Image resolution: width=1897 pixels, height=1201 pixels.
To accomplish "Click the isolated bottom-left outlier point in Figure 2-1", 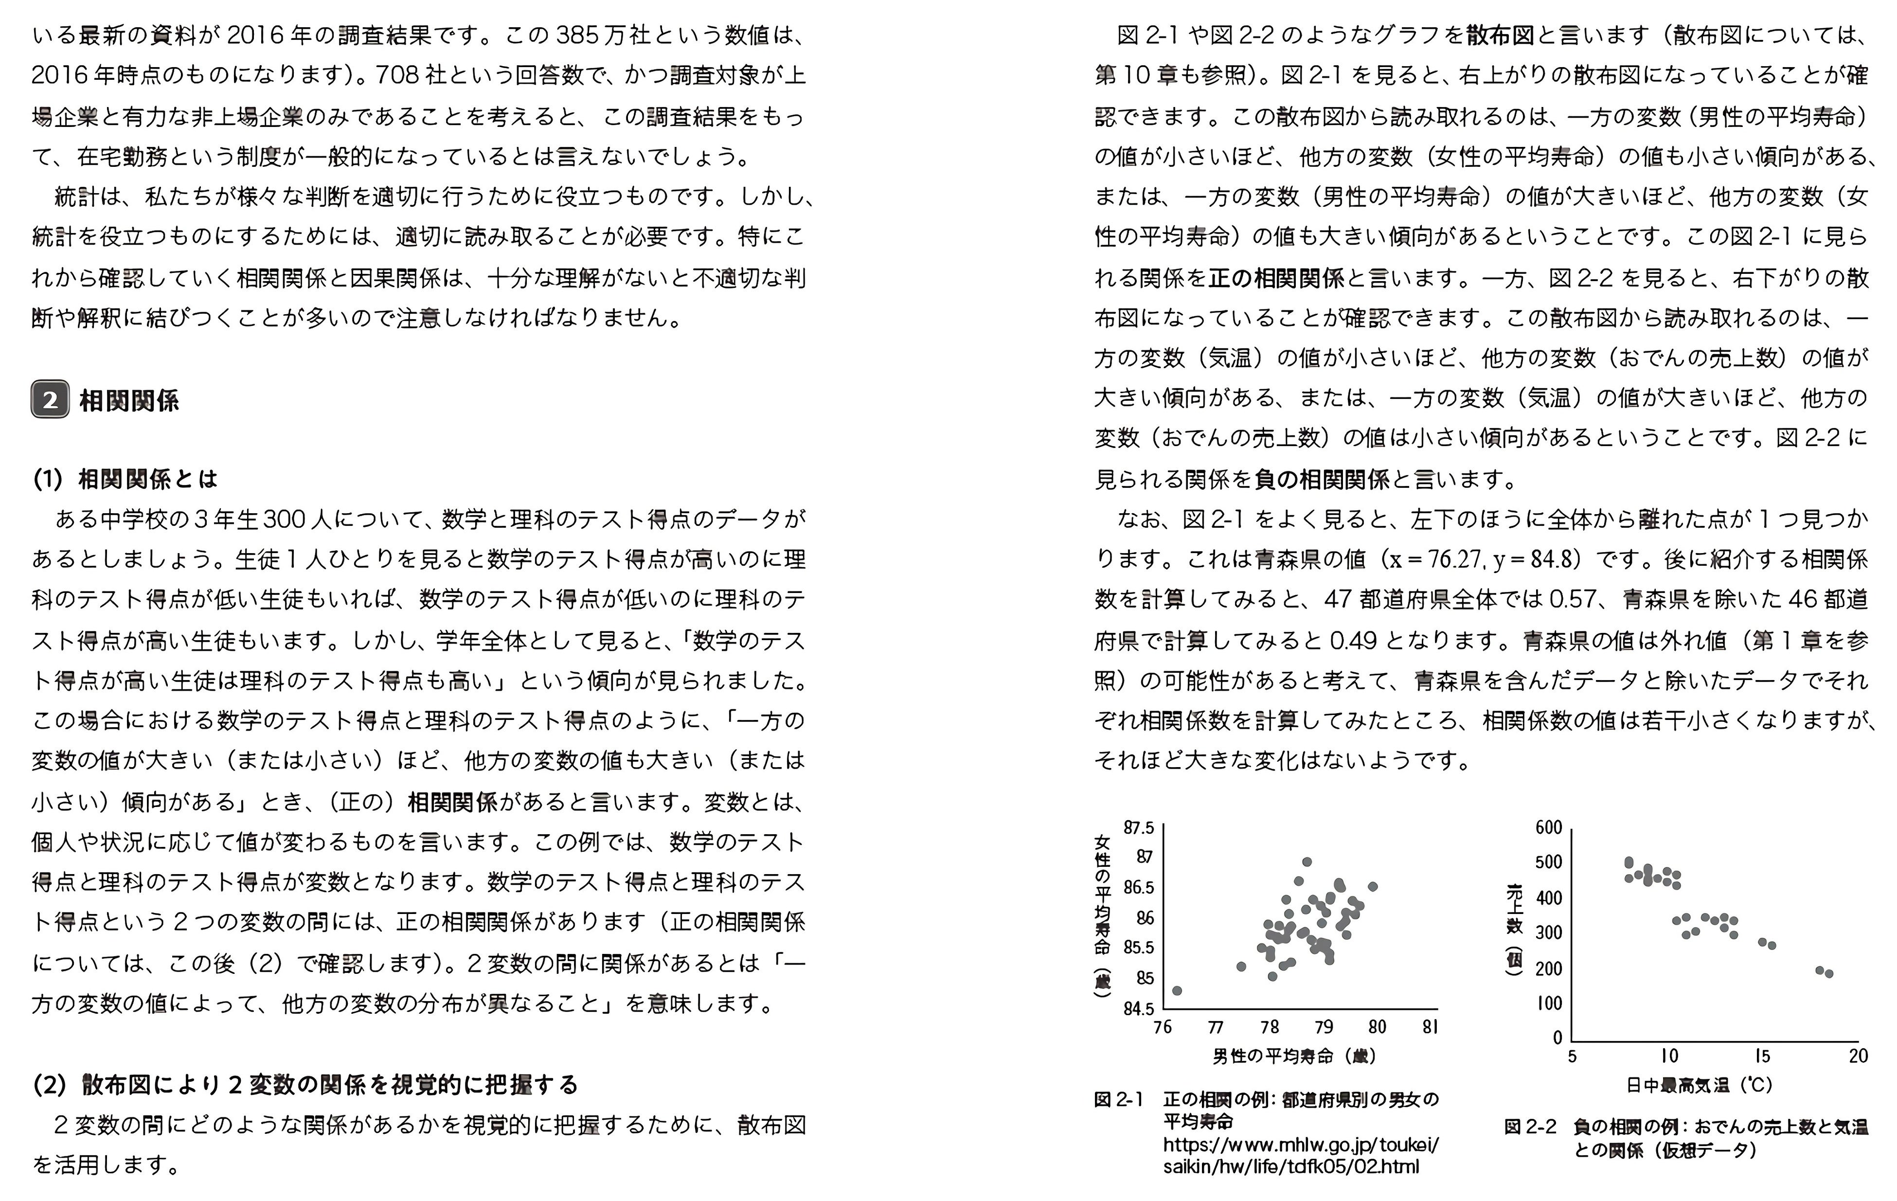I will point(1177,990).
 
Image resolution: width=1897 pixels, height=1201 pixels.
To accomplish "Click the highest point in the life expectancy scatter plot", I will point(1307,861).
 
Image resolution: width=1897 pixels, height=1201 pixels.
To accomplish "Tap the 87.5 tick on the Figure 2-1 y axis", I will point(1138,827).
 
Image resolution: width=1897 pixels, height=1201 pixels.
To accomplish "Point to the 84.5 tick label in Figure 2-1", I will point(1138,1009).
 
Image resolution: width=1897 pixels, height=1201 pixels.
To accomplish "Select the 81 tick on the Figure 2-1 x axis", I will point(1431,1027).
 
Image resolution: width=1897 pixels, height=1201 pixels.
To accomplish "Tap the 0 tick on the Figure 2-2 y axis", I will point(1557,1038).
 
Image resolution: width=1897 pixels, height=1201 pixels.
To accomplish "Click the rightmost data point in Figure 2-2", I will point(1828,974).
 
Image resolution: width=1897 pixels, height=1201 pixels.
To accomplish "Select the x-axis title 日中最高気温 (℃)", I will point(1699,1085).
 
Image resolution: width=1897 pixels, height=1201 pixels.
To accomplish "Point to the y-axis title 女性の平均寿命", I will point(1103,906).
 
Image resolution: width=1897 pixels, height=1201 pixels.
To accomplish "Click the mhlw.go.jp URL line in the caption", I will point(1301,1144).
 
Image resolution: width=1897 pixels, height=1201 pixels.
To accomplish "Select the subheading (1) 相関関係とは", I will point(125,478).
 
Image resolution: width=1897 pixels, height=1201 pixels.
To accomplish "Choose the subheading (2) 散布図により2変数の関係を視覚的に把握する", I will point(305,1085).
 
